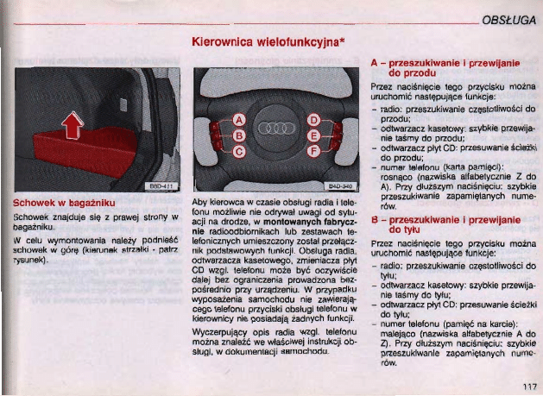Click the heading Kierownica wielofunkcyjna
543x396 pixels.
pos(268,41)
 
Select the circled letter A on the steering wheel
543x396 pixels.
pos(242,120)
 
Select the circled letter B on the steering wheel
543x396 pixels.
pos(242,136)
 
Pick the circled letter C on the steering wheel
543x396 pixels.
pos(242,153)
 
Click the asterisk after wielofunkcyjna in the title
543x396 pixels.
pos(345,40)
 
